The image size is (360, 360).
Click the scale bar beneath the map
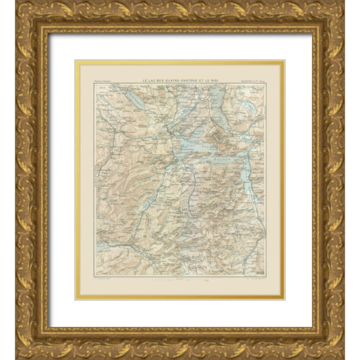179,279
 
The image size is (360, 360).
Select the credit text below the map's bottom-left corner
105,279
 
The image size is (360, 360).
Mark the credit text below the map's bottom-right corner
252,279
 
